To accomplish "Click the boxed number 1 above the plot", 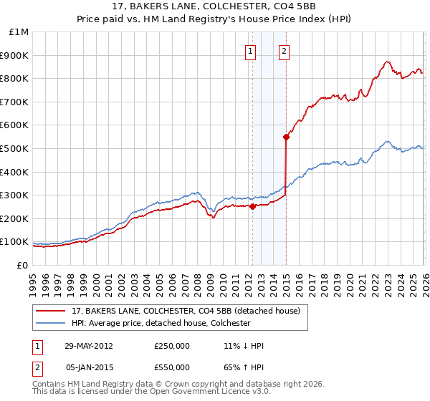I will coord(251,51).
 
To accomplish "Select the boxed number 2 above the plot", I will coord(285,51).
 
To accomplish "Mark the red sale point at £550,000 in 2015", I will coord(286,137).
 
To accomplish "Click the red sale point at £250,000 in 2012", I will coord(252,207).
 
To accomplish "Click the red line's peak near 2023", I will coord(387,62).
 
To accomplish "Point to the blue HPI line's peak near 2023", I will coord(387,142).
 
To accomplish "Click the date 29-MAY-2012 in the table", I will coord(88,346).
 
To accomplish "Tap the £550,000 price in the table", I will coord(172,367).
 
